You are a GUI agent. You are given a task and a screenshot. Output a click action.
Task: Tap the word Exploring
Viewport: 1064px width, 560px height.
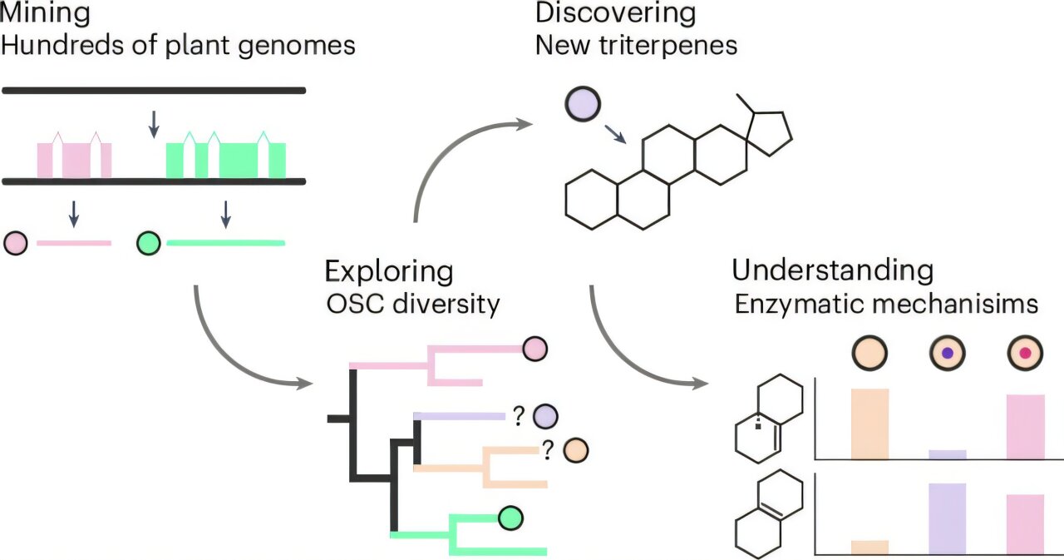coord(389,271)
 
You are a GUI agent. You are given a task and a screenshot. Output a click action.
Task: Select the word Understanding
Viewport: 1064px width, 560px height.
coord(832,270)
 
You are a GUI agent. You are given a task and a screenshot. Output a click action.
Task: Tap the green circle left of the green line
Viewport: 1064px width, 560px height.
coord(150,243)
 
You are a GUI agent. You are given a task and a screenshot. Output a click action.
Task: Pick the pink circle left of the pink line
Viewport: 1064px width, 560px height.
coord(16,243)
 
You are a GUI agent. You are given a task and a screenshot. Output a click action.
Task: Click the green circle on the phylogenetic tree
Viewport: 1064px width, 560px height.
coord(510,518)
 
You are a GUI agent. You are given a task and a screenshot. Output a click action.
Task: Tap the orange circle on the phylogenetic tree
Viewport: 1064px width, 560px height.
coord(575,450)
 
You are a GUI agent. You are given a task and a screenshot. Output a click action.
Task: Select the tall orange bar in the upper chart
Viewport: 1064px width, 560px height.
coord(870,424)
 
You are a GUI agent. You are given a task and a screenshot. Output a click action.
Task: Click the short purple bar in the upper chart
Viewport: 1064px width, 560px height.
coord(947,454)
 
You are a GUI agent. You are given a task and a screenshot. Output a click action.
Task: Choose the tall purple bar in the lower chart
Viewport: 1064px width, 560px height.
coord(947,518)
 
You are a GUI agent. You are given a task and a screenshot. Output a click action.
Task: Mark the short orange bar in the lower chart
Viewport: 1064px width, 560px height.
coord(870,547)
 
